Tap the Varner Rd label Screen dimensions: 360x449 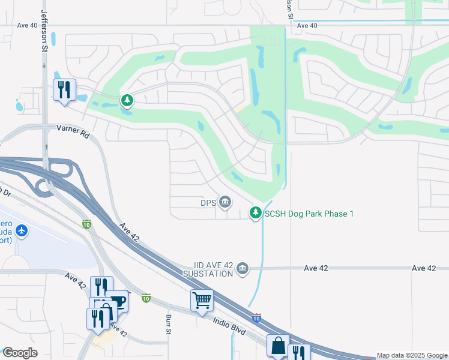[x=73, y=131]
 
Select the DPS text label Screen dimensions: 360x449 [x=208, y=202]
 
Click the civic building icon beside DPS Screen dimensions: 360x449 [x=225, y=202]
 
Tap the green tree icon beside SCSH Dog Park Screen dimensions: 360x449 [x=256, y=213]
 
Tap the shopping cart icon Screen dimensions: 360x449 [x=202, y=299]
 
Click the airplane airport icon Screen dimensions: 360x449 [x=22, y=230]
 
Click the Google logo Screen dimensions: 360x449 [x=20, y=352]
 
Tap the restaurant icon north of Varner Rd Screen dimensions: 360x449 [x=63, y=90]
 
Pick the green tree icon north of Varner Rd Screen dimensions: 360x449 [x=127, y=100]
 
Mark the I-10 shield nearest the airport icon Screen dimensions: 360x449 [x=86, y=224]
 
